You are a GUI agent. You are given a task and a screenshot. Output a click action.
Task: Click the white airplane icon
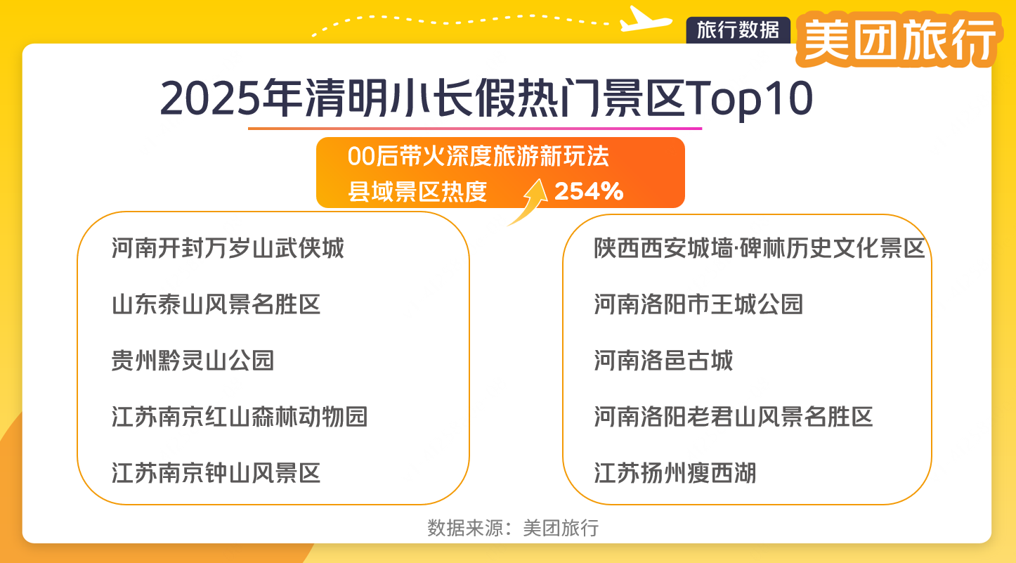[646, 19]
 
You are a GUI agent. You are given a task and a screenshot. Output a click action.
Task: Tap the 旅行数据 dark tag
[738, 30]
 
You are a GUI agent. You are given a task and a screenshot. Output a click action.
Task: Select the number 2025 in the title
[208, 99]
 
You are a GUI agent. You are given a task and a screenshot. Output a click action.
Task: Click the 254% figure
[589, 191]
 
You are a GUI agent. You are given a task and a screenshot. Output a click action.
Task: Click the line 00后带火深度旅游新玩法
[478, 157]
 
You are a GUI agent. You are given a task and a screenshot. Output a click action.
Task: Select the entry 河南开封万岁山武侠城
[228, 248]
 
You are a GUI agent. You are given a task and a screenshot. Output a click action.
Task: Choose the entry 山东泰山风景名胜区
[216, 304]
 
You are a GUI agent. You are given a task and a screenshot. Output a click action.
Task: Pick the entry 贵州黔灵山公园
[193, 361]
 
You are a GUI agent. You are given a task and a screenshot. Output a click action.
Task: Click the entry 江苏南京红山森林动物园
[240, 417]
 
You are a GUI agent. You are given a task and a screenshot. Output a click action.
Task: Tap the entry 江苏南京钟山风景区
[216, 473]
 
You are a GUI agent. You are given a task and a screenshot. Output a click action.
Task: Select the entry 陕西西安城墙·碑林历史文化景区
[760, 248]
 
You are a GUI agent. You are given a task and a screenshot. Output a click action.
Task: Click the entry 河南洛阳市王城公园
[698, 304]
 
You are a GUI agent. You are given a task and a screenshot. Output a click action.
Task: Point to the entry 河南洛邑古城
[663, 361]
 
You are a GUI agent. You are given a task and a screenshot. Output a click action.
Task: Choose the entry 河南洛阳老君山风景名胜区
[734, 417]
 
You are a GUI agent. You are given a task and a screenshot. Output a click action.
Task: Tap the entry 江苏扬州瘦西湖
[675, 473]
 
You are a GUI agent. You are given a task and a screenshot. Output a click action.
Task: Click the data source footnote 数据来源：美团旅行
[513, 528]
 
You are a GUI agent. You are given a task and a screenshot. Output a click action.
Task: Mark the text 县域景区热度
[417, 192]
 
